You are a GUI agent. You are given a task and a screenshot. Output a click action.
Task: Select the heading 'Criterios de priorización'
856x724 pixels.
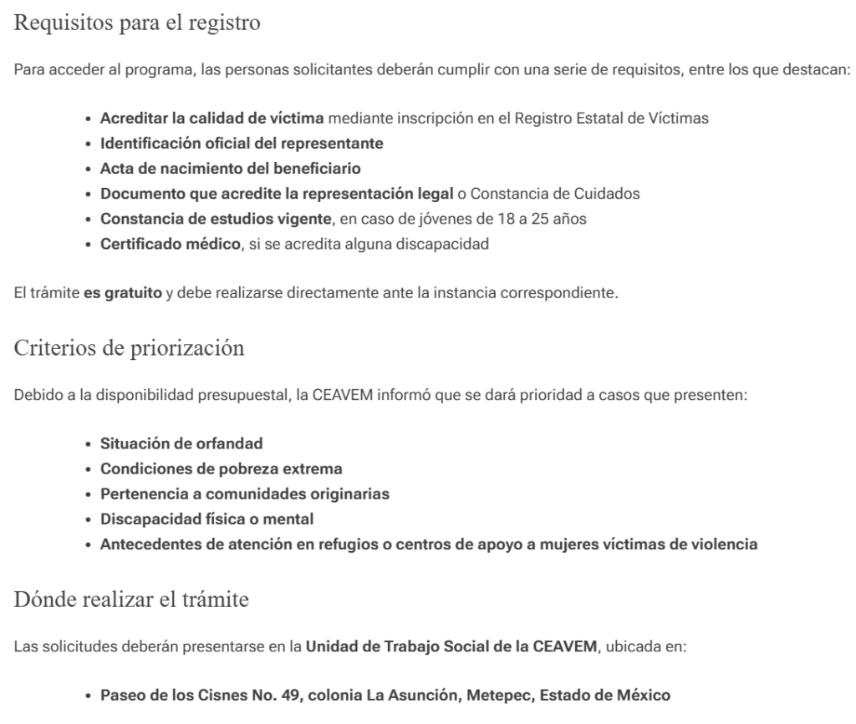tap(130, 348)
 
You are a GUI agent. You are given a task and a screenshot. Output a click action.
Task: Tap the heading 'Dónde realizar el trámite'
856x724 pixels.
tap(132, 599)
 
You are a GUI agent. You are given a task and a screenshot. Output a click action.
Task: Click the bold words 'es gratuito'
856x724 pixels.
tap(123, 296)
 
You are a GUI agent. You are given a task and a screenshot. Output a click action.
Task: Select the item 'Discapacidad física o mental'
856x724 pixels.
tap(195, 519)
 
